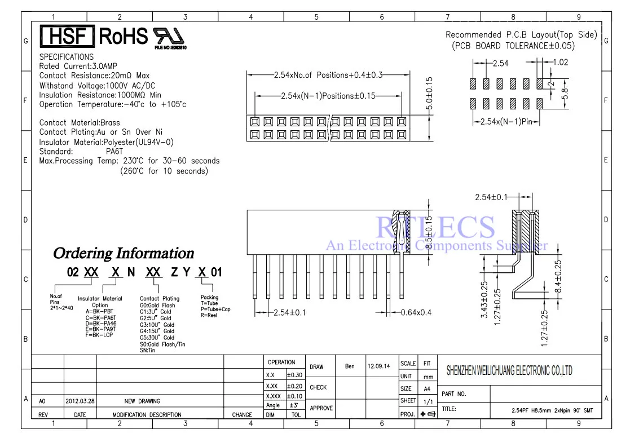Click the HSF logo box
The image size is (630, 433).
tap(66, 37)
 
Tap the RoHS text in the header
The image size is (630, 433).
tap(123, 37)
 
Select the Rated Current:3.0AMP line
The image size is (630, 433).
tap(78, 66)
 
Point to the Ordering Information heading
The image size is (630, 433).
tap(123, 253)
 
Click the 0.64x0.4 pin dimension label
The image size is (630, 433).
tap(416, 312)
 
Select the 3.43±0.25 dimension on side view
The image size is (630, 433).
tap(484, 300)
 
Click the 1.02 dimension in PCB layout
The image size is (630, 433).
tap(559, 63)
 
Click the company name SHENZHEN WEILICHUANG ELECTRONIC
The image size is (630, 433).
tap(509, 370)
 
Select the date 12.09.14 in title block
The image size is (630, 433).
tap(378, 366)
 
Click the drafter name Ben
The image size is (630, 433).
tap(350, 366)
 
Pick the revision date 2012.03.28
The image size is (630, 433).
tap(80, 401)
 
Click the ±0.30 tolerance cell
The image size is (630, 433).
tap(294, 375)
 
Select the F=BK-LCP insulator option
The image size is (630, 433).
tap(99, 335)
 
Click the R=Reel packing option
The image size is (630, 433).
tap(209, 316)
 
